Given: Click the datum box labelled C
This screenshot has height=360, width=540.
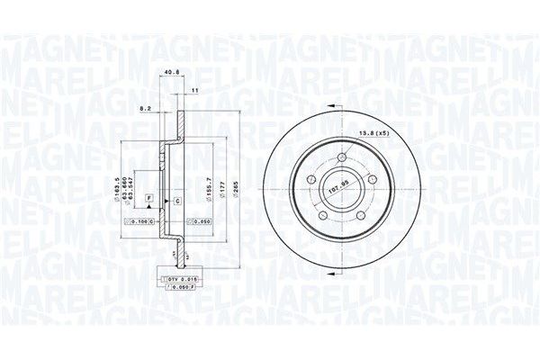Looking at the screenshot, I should [176, 199].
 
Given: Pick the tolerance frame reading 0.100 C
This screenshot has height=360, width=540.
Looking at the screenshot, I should [139, 220].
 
